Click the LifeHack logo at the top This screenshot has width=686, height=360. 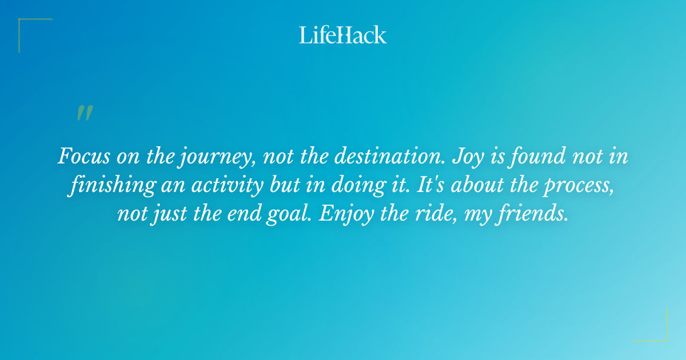click(343, 35)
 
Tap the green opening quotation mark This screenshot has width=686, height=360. click(85, 113)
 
